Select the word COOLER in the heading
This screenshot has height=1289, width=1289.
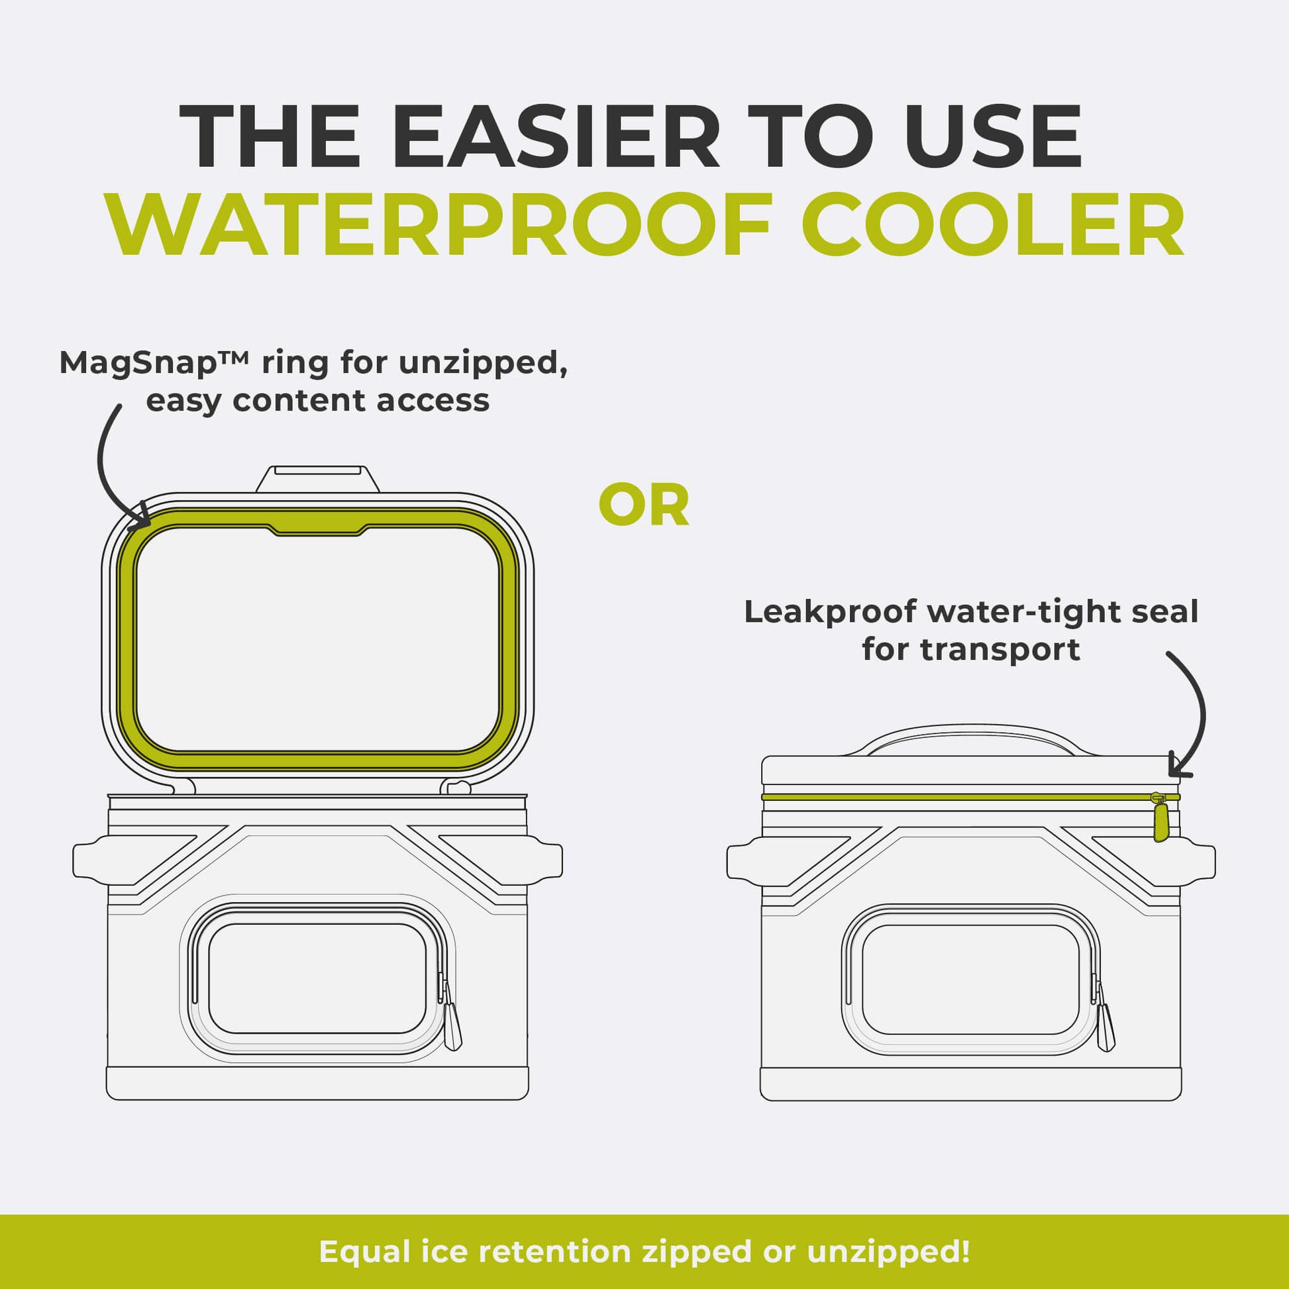(x=993, y=224)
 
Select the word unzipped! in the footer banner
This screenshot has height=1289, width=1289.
(x=889, y=1252)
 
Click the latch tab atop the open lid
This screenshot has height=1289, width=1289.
(x=317, y=479)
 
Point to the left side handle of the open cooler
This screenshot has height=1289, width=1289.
(x=92, y=860)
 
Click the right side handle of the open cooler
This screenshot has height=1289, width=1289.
(x=544, y=860)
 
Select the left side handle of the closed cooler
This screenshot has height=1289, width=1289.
(x=745, y=860)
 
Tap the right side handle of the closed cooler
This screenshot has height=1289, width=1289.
(x=1198, y=860)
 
